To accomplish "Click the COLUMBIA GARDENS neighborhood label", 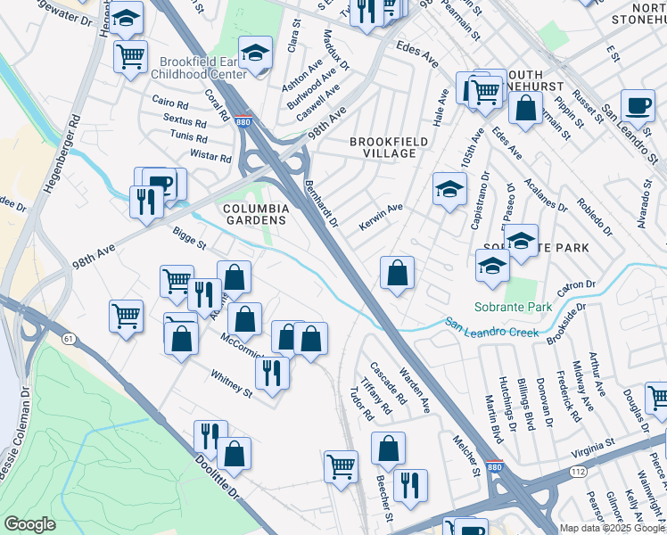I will (x=257, y=214).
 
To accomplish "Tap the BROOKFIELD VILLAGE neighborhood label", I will (x=383, y=147).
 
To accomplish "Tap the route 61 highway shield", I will (x=68, y=338).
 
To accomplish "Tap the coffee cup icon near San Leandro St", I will (x=638, y=105).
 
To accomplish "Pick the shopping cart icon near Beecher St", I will (x=342, y=465).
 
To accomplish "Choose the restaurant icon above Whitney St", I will (x=272, y=371).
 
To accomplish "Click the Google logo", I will (x=29, y=524).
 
